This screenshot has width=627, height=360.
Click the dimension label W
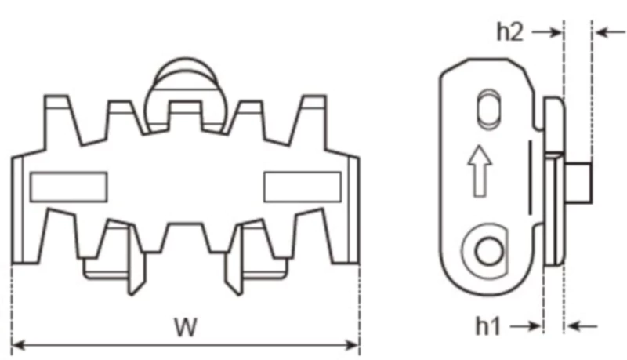(x=186, y=327)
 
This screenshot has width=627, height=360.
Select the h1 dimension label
(x=489, y=325)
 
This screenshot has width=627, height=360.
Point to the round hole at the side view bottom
(x=489, y=253)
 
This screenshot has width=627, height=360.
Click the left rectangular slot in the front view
(x=68, y=187)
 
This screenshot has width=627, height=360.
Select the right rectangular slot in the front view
(x=302, y=187)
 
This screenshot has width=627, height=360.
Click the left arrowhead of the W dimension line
(x=18, y=344)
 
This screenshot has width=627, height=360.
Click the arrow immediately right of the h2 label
(x=546, y=32)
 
